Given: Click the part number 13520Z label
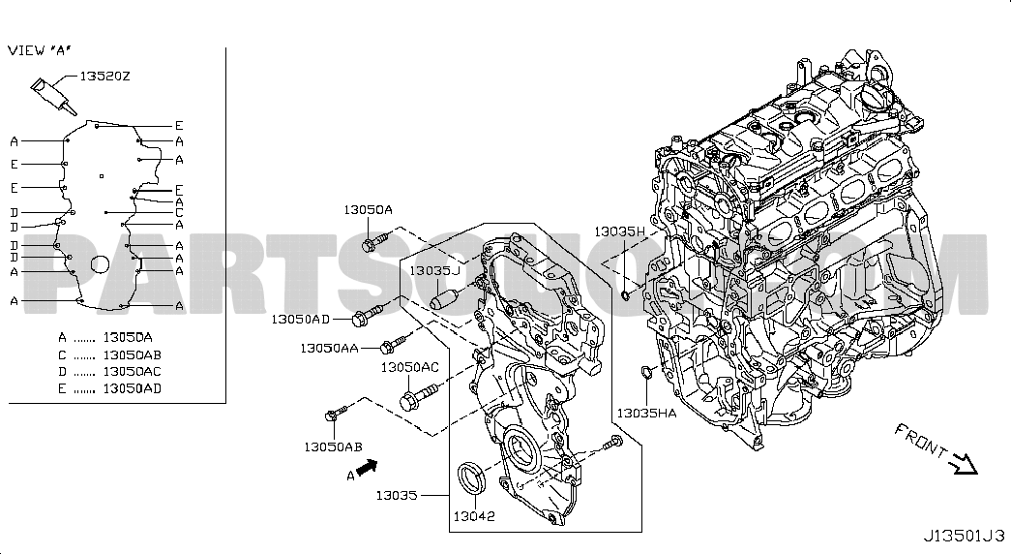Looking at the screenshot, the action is pos(105,77).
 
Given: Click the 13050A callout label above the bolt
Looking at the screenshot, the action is pos(368,210).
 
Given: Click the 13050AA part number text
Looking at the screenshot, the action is pos(329,348).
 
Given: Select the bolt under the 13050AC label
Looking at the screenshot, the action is pos(420,396).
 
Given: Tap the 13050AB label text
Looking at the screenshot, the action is pos(333,446).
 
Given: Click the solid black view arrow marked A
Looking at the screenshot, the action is pos(367,467).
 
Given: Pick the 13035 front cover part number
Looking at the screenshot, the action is pos(397,495).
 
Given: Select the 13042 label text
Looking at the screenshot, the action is pos(474,516).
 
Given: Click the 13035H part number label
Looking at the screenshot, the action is pos(619,231).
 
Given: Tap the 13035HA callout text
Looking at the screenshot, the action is pos(646,413).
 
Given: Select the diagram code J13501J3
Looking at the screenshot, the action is pos(964,536).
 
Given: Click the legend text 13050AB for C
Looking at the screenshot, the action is pos(133,354).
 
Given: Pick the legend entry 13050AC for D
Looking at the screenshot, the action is pos(133,371).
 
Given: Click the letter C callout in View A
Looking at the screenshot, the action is pos(179,212).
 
